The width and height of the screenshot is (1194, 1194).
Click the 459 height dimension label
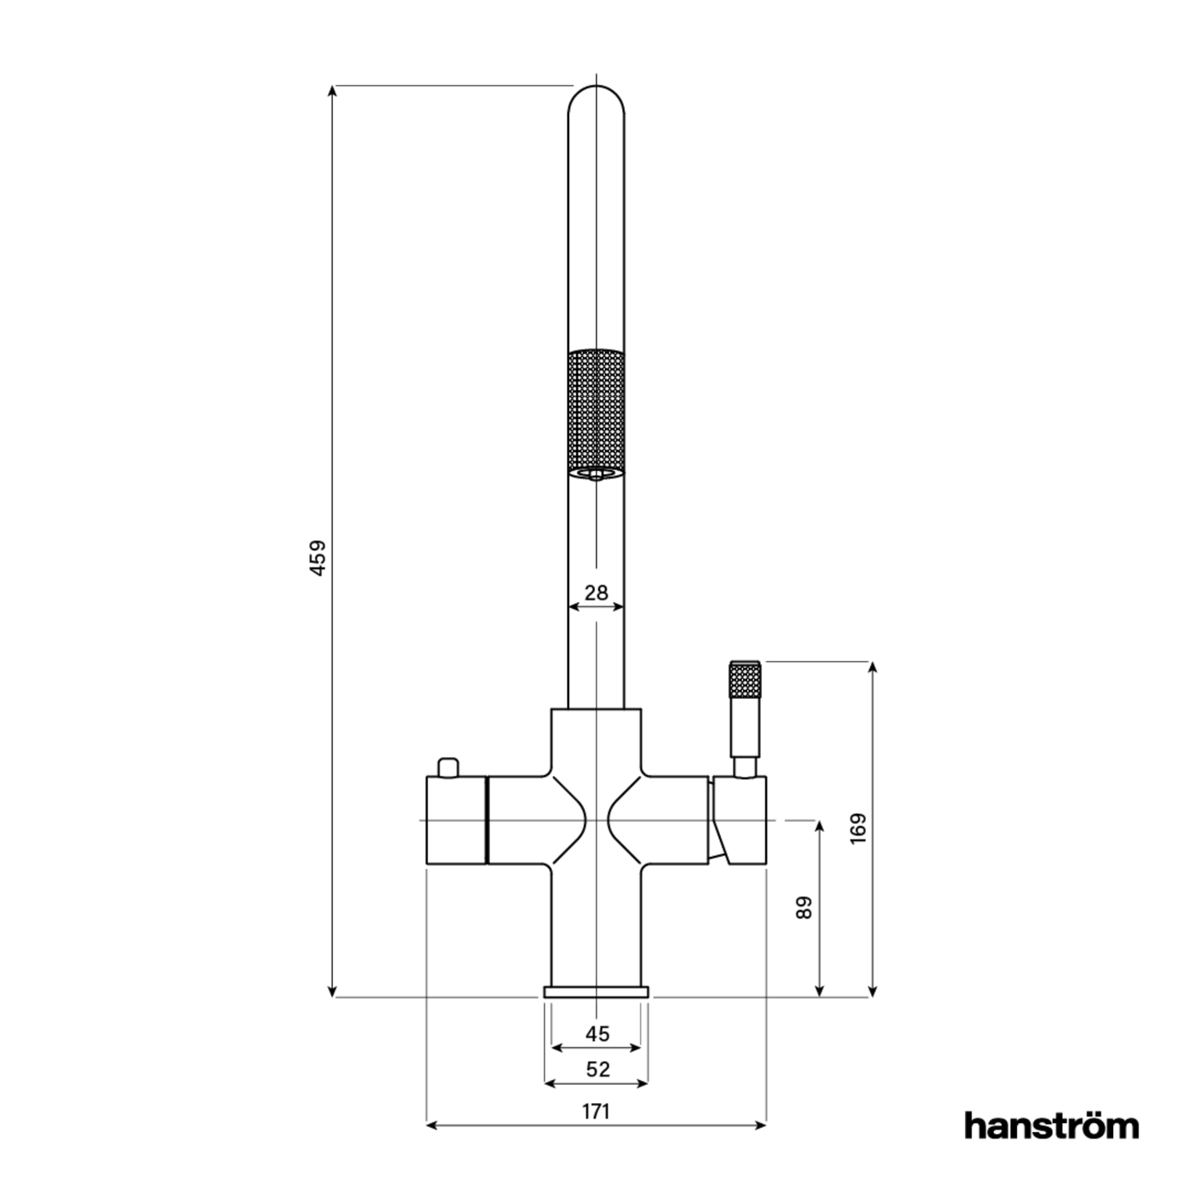pos(318,558)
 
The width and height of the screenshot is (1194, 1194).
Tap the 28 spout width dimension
pos(596,593)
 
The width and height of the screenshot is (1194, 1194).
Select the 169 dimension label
pos(858,829)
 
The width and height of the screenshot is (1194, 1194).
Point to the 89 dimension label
pos(804,907)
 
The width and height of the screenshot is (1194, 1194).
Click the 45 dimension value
pos(597,1035)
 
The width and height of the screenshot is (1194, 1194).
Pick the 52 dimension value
pos(597,1069)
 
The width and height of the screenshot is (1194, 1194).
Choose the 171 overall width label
pos(596,1111)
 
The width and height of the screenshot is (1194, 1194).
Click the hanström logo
pos(1052,1143)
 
